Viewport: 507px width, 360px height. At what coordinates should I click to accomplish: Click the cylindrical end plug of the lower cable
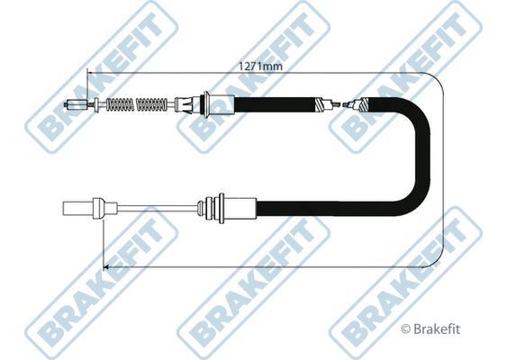point(79,211)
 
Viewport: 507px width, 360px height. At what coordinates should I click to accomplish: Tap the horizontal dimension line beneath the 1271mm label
point(270,75)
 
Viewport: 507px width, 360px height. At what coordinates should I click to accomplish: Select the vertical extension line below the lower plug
point(104,243)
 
